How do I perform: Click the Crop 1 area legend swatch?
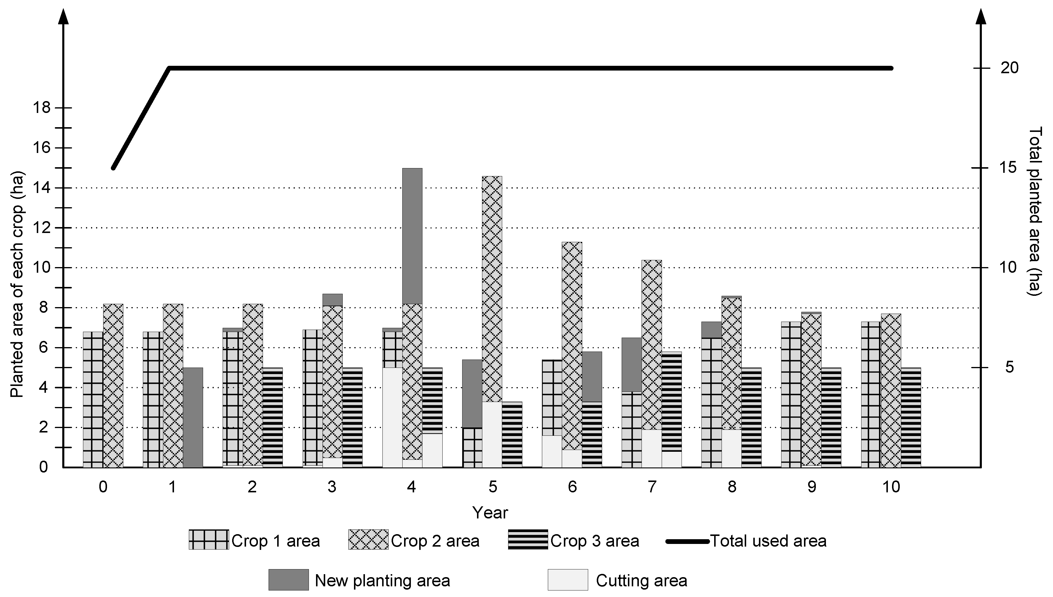pyautogui.click(x=208, y=539)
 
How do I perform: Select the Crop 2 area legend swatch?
pyautogui.click(x=368, y=539)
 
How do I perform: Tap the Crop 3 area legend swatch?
pyautogui.click(x=527, y=539)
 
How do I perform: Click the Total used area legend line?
pyautogui.click(x=687, y=542)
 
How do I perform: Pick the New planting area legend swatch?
pyautogui.click(x=288, y=580)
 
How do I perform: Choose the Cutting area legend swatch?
pyautogui.click(x=567, y=580)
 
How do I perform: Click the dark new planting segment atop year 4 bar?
pyautogui.click(x=412, y=236)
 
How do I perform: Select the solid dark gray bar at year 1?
pyautogui.click(x=193, y=417)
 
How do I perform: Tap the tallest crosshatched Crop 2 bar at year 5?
pyautogui.click(x=492, y=287)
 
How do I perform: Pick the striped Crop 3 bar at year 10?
pyautogui.click(x=911, y=417)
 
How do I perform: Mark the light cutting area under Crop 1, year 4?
pyautogui.click(x=392, y=417)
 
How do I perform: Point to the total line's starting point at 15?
pyautogui.click(x=114, y=168)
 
